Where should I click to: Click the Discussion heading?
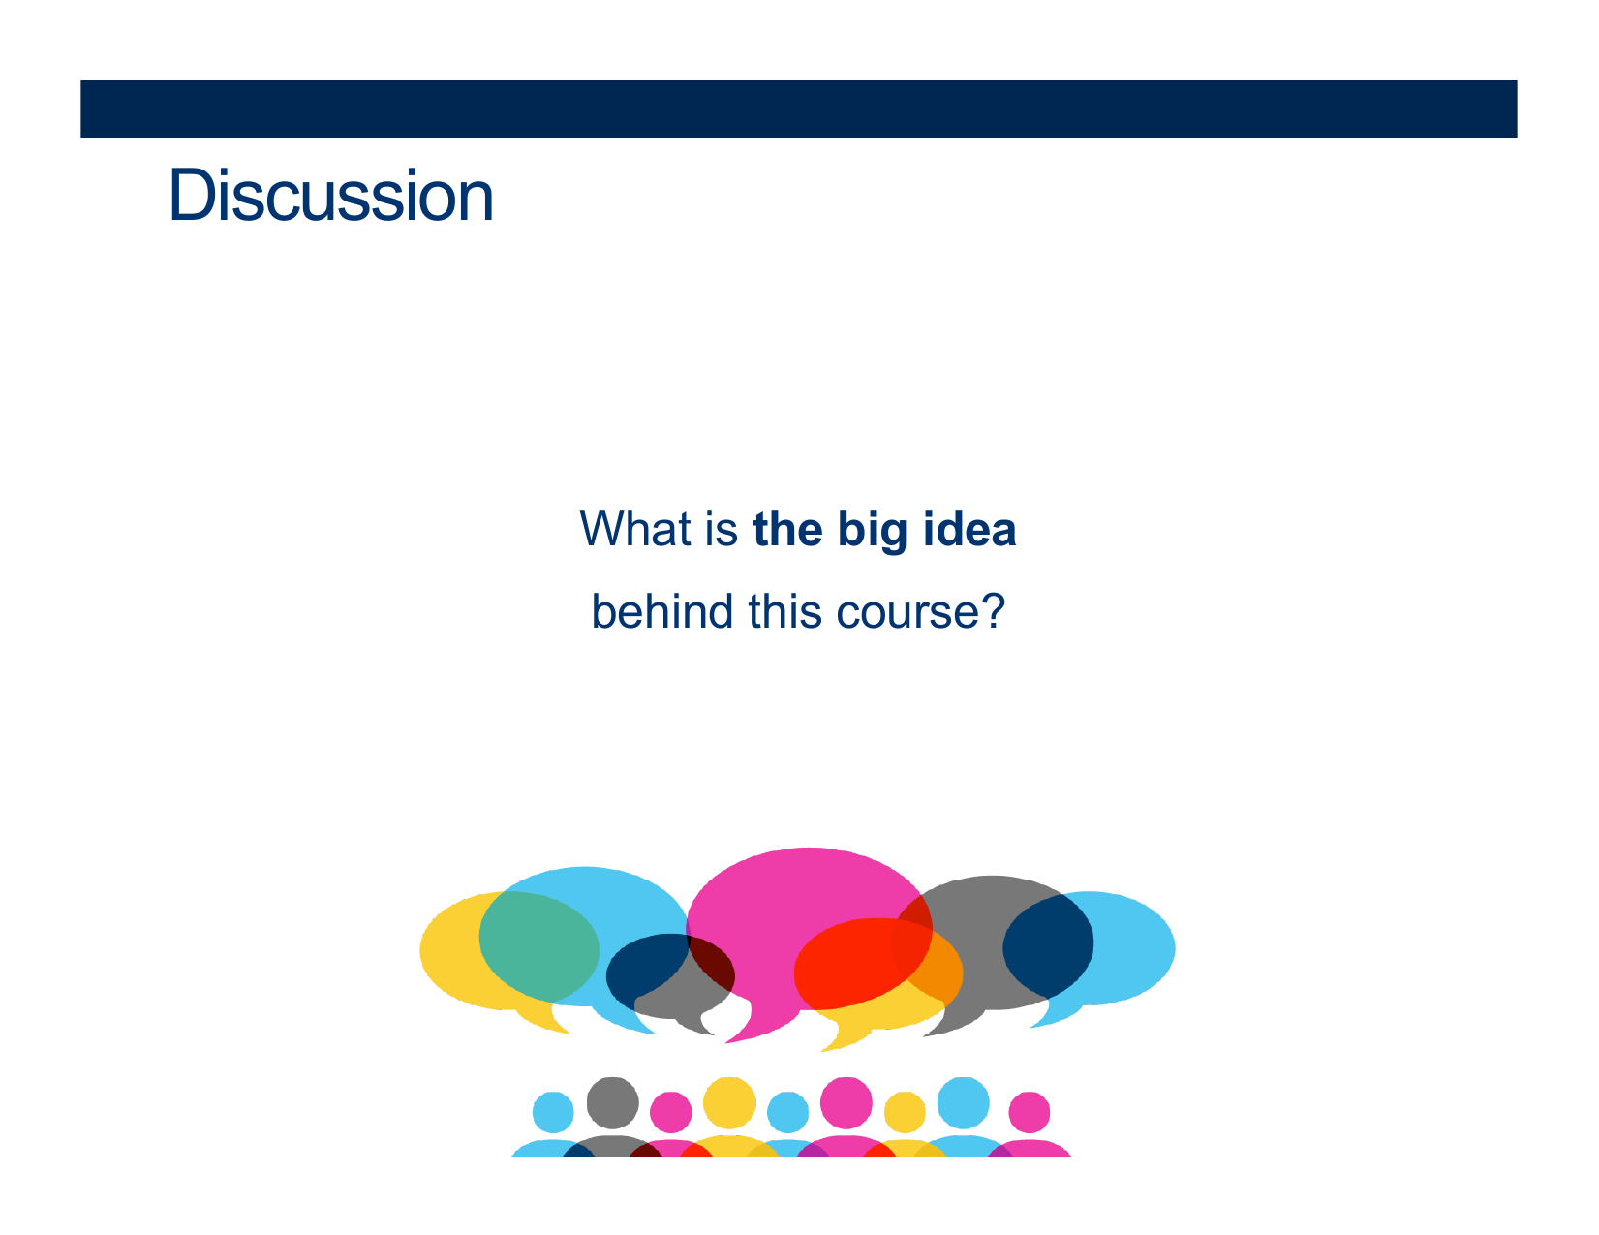pos(330,195)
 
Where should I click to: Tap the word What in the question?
pos(637,529)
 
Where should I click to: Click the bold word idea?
pos(969,529)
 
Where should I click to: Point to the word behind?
pos(662,611)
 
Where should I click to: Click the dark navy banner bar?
pos(798,108)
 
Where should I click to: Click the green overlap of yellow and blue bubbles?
pos(538,946)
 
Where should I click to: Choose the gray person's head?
pos(612,1102)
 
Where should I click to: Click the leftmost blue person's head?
pos(553,1112)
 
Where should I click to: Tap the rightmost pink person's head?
pos(1029,1112)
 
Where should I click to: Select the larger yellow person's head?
pos(729,1102)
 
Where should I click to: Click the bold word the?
pos(787,529)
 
